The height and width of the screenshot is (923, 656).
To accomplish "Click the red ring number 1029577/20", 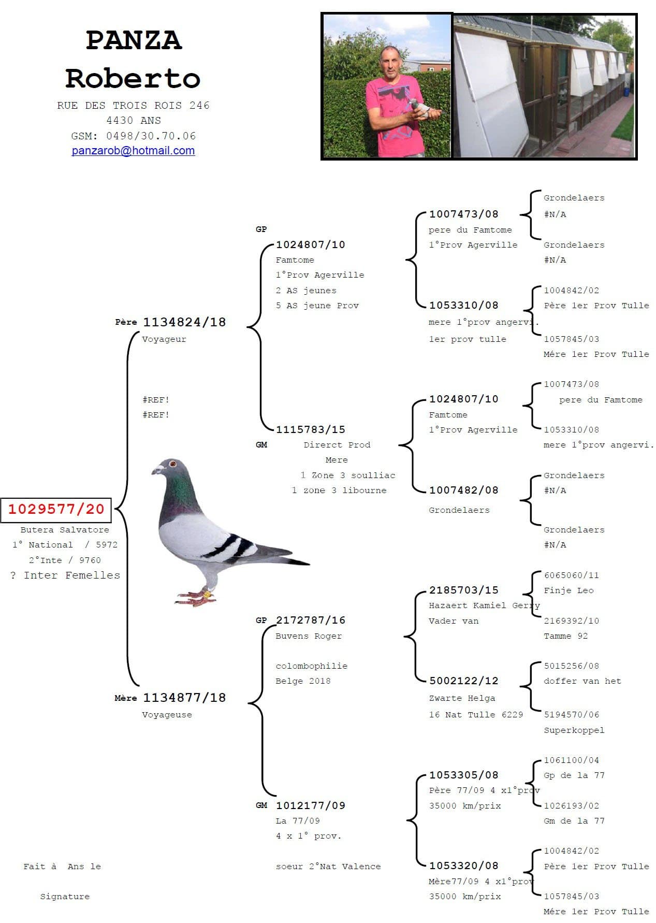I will (x=56, y=509).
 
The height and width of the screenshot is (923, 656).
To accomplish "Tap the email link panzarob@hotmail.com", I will (x=133, y=151).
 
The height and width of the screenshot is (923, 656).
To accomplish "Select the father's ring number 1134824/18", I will (x=184, y=322).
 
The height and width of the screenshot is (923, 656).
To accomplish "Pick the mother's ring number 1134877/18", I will (x=184, y=698).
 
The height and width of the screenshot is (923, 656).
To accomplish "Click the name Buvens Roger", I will (x=309, y=636).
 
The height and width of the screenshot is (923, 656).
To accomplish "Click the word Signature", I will (x=65, y=897).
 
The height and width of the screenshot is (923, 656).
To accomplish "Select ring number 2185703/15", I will (x=463, y=590).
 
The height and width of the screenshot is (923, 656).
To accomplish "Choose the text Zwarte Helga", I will (x=462, y=698).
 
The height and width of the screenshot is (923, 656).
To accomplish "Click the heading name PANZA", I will (x=134, y=40).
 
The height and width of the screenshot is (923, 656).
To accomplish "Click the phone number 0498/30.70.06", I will (x=151, y=136).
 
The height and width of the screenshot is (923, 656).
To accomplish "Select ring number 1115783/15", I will (x=310, y=429).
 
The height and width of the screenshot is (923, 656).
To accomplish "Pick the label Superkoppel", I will (x=574, y=730).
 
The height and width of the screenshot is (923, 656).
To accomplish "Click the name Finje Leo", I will (x=568, y=590).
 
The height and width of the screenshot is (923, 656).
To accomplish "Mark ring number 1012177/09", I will (x=310, y=805).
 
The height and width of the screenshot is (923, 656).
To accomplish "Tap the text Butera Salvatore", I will (x=65, y=530).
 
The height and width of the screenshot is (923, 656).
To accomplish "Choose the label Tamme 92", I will (x=565, y=636).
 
